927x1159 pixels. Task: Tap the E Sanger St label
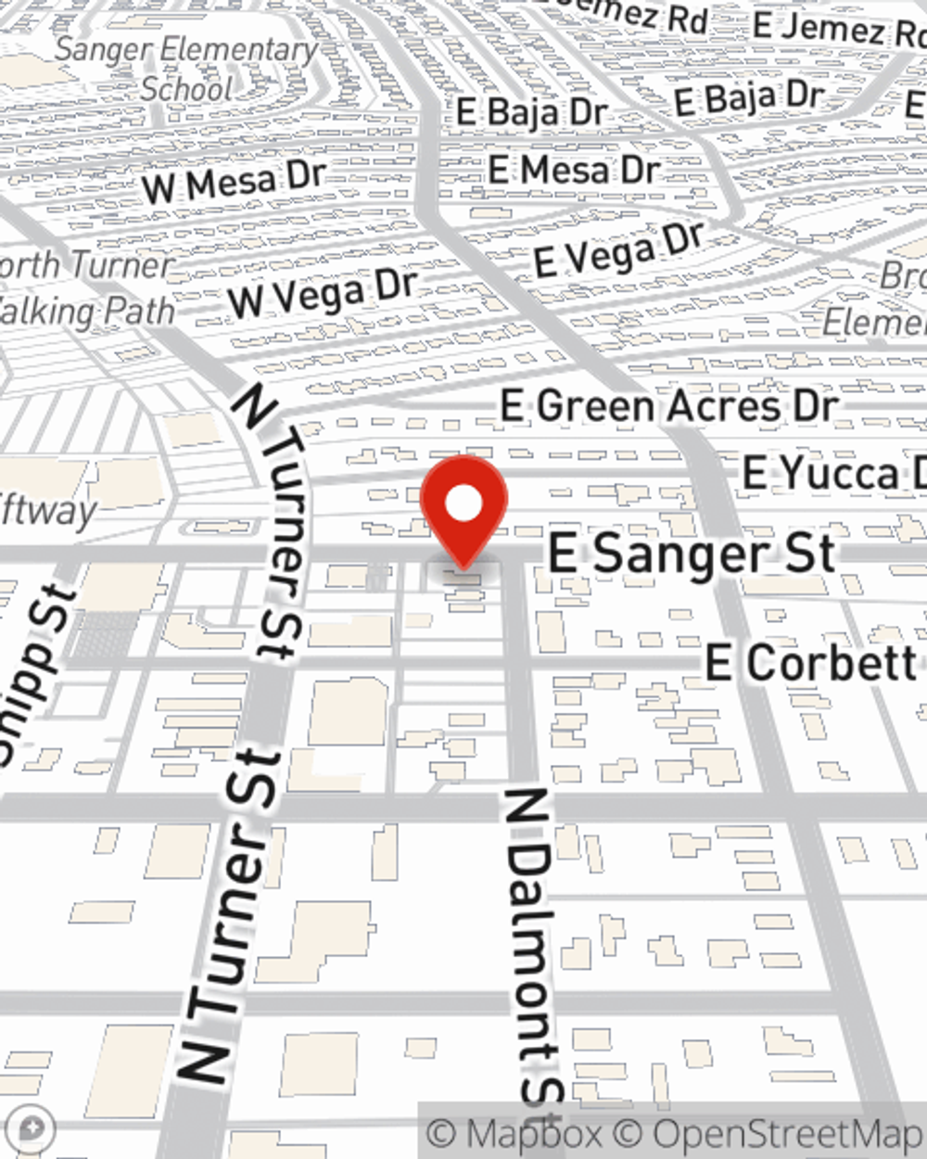(x=692, y=554)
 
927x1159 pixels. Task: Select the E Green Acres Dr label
(x=668, y=406)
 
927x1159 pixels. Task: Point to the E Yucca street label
(x=832, y=474)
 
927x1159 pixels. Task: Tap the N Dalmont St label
(x=534, y=946)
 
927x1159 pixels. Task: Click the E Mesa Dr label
(x=573, y=170)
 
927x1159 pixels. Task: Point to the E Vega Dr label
(x=619, y=249)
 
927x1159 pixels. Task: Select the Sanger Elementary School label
(x=185, y=69)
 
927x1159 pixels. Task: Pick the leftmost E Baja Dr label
(x=531, y=112)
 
